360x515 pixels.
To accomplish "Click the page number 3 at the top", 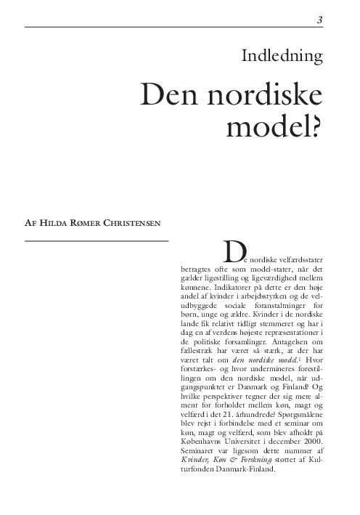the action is [319, 20].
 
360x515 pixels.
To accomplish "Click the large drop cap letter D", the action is [233, 251].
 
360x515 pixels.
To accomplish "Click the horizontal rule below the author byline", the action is [97, 240].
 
